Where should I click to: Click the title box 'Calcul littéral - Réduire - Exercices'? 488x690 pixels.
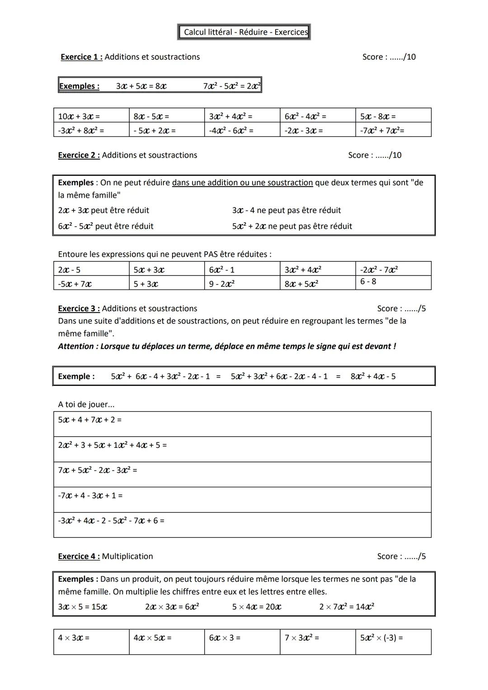point(244,32)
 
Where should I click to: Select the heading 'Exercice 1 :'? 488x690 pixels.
point(81,57)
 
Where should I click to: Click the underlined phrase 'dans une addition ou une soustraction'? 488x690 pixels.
point(242,182)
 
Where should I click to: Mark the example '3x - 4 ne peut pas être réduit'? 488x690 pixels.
point(286,210)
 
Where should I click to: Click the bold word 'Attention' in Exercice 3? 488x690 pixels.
point(76,346)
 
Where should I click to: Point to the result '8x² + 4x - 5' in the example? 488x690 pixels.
point(373,376)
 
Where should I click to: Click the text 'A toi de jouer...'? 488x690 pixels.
point(86,404)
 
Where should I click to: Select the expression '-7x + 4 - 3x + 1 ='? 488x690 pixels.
point(90,495)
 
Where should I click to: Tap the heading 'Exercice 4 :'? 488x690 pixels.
point(79,556)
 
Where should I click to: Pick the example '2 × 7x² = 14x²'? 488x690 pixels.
point(347,606)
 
